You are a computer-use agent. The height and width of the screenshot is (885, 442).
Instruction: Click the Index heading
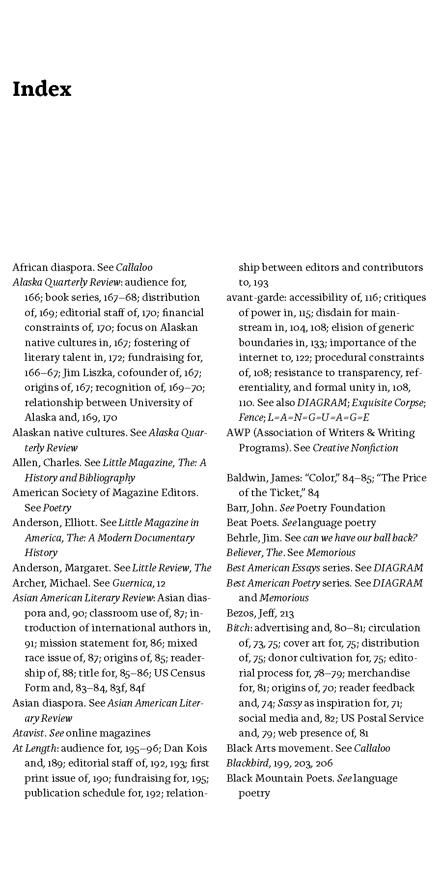(x=42, y=89)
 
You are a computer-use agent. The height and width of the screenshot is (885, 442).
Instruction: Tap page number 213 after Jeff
(x=287, y=613)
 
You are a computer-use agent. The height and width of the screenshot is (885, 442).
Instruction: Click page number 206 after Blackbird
(x=324, y=763)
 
